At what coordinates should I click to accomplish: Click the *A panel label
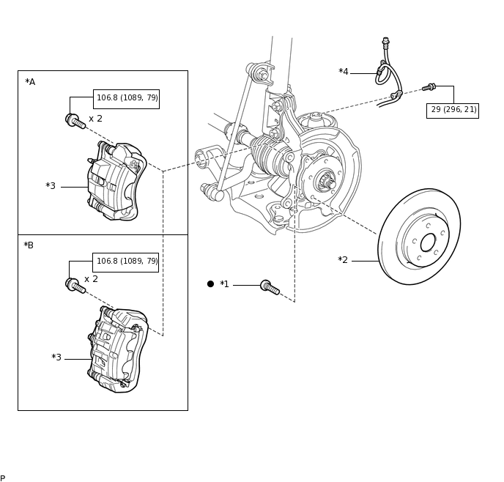click(x=30, y=82)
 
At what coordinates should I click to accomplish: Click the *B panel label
click(x=29, y=245)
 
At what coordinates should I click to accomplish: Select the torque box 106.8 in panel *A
click(x=126, y=99)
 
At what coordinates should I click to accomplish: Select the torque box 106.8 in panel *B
click(x=126, y=262)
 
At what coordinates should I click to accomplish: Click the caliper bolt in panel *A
click(x=75, y=121)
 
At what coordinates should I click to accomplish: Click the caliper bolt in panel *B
click(x=75, y=286)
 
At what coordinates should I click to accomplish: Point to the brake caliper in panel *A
click(x=116, y=182)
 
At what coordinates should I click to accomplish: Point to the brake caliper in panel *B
click(x=118, y=349)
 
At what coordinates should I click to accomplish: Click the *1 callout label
click(x=224, y=284)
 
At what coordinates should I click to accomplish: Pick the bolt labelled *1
click(x=270, y=287)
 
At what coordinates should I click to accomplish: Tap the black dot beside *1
click(x=210, y=284)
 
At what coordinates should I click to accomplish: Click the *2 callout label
click(x=343, y=259)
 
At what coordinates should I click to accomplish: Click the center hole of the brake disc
click(x=428, y=243)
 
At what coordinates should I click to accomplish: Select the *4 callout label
click(x=344, y=71)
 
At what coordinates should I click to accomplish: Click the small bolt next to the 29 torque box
click(x=429, y=86)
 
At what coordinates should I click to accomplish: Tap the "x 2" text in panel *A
click(x=95, y=119)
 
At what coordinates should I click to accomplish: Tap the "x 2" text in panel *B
click(x=91, y=279)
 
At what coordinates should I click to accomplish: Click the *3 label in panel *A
click(x=51, y=186)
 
